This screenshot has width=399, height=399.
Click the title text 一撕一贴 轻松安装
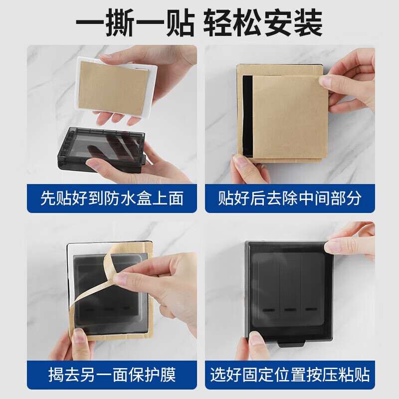click(x=199, y=22)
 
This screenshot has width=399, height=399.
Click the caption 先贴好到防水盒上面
click(x=112, y=199)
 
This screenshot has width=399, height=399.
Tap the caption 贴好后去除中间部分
click(x=289, y=199)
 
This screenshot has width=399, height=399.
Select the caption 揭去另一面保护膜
click(x=112, y=374)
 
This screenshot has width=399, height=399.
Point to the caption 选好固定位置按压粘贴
click(x=289, y=374)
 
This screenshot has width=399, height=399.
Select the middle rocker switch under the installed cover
click(x=289, y=289)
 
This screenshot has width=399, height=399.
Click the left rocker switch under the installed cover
click(x=266, y=289)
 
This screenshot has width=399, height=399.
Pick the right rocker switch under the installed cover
click(x=311, y=289)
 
